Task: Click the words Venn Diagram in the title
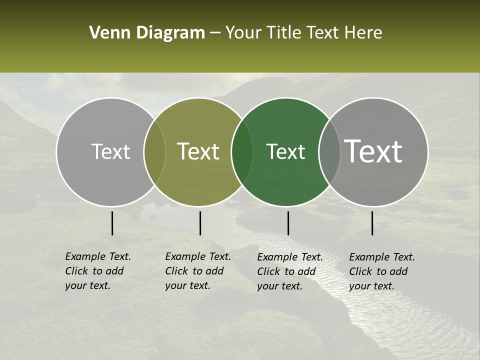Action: (x=147, y=33)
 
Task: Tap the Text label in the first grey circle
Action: (x=110, y=151)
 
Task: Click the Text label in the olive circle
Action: (x=198, y=151)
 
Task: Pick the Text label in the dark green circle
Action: (x=285, y=151)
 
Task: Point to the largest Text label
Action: (x=373, y=151)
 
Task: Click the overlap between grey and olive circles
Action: (x=154, y=151)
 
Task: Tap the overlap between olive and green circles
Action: (x=242, y=151)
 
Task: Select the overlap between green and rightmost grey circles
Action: (x=329, y=151)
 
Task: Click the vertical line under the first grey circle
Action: (x=112, y=223)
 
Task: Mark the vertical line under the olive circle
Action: (x=200, y=223)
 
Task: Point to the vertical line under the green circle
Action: (x=288, y=223)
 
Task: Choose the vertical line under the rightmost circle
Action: (x=372, y=223)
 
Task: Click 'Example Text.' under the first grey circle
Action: (x=98, y=256)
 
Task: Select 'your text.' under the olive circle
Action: (x=187, y=285)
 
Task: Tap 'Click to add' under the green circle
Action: (x=286, y=271)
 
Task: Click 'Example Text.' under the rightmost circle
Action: (x=382, y=257)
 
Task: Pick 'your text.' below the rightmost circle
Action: (x=371, y=286)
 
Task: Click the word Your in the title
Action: (x=243, y=33)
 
